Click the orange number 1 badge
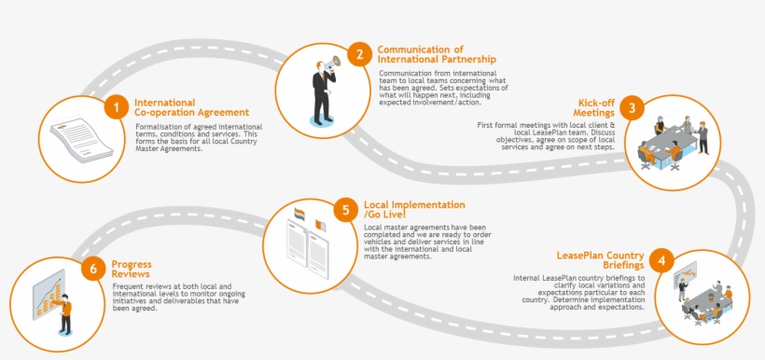[116, 107]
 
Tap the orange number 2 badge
[359, 54]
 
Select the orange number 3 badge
[633, 107]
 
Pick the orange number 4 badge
[661, 260]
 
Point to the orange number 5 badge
[346, 209]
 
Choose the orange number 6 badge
[91, 269]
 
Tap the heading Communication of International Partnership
[437, 54]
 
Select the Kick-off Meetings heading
[594, 107]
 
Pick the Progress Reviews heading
[132, 269]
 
